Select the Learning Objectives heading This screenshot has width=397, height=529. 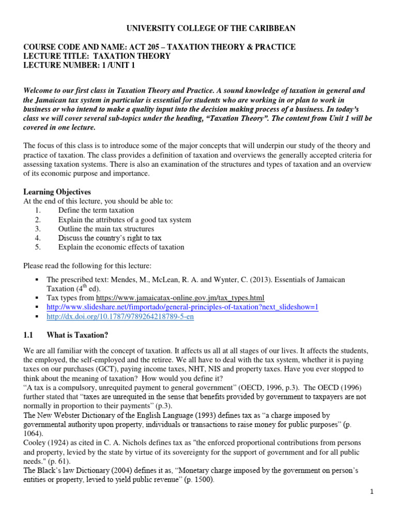(57, 192)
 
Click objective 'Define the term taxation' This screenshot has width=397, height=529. (96, 210)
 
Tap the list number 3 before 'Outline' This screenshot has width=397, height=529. (38, 229)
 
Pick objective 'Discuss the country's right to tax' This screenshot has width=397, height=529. (110, 238)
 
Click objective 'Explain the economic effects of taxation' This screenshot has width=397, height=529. (121, 247)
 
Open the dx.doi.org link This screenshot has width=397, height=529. (120, 317)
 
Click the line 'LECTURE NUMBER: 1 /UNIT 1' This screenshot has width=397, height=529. (81, 66)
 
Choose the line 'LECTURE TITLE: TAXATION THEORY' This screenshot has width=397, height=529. (97, 56)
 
